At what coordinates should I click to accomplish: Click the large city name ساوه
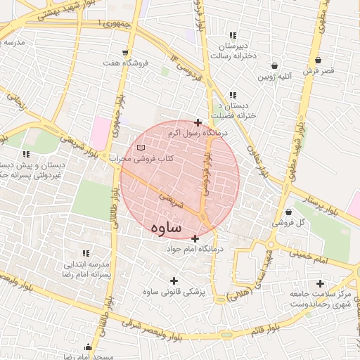pyautogui.click(x=166, y=229)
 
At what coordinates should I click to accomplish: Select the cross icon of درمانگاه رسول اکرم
pyautogui.click(x=198, y=122)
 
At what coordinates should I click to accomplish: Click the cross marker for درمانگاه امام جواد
pyautogui.click(x=195, y=238)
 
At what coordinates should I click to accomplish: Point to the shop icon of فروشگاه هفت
pyautogui.click(x=125, y=53)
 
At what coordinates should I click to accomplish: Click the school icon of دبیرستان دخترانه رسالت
pyautogui.click(x=233, y=36)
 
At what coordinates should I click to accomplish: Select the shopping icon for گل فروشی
pyautogui.click(x=289, y=212)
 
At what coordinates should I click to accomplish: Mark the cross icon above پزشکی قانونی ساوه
pyautogui.click(x=174, y=281)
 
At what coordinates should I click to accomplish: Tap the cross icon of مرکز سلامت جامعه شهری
pyautogui.click(x=320, y=283)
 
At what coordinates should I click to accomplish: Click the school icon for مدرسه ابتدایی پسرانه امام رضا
pyautogui.click(x=86, y=254)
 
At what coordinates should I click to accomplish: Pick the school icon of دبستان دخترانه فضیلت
pyautogui.click(x=233, y=96)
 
